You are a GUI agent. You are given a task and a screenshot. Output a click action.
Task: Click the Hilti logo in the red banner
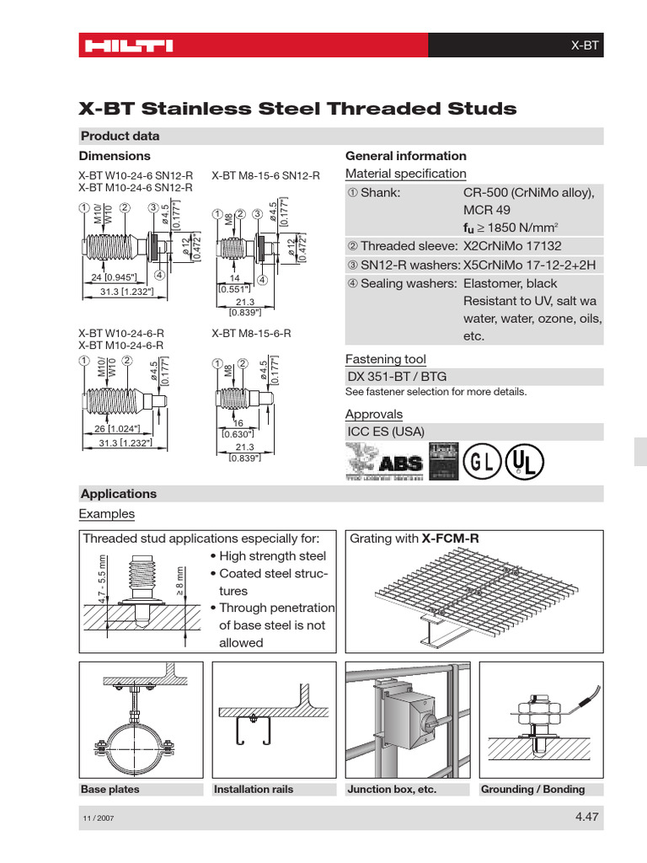pos(126,46)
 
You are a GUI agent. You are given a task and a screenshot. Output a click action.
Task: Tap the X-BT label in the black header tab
pos(584,46)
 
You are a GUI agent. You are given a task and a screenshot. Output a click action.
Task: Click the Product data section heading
pos(120,137)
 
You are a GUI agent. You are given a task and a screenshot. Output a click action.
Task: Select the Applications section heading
pos(118,494)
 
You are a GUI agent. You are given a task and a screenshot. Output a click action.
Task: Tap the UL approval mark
pos(525,463)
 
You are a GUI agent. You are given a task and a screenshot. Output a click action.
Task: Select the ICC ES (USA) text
pos(386,431)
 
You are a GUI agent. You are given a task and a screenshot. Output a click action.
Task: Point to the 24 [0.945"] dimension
pos(110,276)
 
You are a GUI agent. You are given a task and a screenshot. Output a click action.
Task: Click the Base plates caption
pos(110,790)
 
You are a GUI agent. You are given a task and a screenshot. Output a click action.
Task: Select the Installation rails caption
pos(254,790)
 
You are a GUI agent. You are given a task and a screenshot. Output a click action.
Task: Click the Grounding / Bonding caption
pos(532,790)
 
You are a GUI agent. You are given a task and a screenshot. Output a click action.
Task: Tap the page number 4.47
pos(586,816)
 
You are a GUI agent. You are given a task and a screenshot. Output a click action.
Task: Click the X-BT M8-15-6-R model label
pos(251,334)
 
